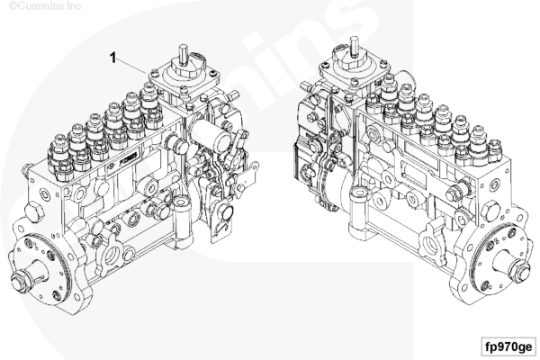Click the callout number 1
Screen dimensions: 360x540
click(x=112, y=58)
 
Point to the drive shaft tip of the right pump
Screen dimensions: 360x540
click(x=520, y=272)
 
